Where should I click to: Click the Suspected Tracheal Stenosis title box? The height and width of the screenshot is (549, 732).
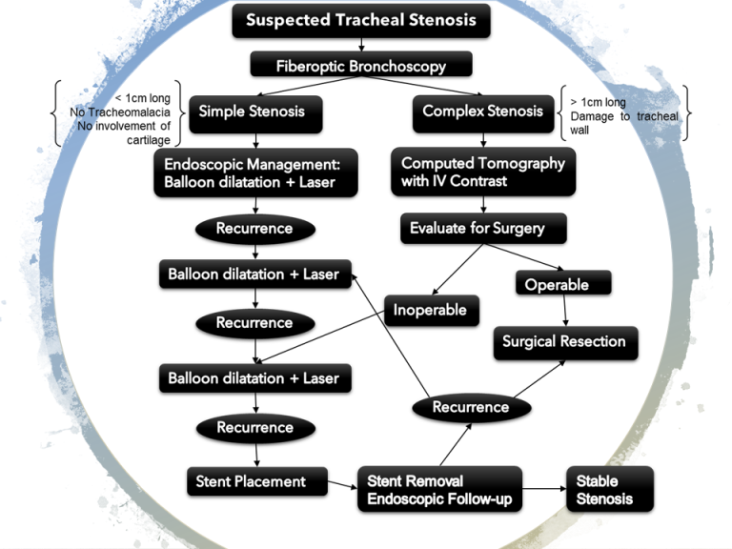click(x=361, y=20)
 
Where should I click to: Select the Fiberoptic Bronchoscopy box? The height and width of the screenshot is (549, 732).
click(x=361, y=66)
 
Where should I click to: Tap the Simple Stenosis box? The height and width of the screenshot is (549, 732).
click(x=253, y=112)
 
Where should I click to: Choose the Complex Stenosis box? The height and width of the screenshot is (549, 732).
click(x=483, y=112)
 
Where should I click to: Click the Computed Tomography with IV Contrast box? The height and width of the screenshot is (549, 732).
click(x=483, y=173)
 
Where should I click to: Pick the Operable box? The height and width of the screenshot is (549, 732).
click(x=562, y=283)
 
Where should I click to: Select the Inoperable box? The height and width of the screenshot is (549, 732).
click(x=431, y=310)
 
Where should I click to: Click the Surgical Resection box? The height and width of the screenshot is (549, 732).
click(x=564, y=341)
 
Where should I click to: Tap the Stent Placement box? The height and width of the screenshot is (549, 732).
click(x=255, y=481)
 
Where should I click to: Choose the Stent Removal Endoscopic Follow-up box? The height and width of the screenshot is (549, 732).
click(x=438, y=489)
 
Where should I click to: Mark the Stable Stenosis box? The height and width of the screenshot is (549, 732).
click(x=610, y=489)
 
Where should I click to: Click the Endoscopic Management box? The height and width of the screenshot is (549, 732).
click(x=255, y=173)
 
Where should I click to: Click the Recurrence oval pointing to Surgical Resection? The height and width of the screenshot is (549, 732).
click(x=471, y=407)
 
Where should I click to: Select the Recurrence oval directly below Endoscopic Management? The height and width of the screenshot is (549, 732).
click(x=254, y=229)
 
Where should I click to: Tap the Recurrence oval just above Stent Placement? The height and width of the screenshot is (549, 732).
click(x=254, y=427)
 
